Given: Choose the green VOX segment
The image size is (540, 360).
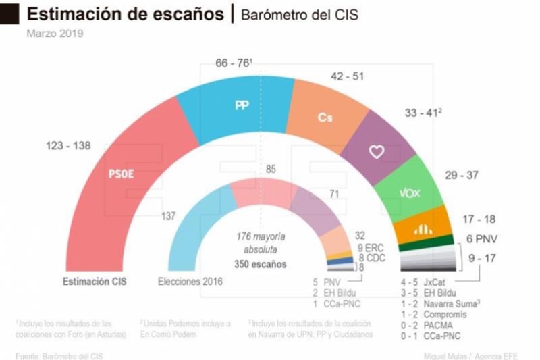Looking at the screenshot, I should pos(410,192).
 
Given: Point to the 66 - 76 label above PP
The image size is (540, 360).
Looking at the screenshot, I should pos(233,63).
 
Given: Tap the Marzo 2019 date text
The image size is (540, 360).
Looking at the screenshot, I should pos(55,33).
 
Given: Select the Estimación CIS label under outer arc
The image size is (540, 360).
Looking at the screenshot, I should pos(94,281).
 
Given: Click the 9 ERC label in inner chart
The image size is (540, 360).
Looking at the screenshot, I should pos(370,247).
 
